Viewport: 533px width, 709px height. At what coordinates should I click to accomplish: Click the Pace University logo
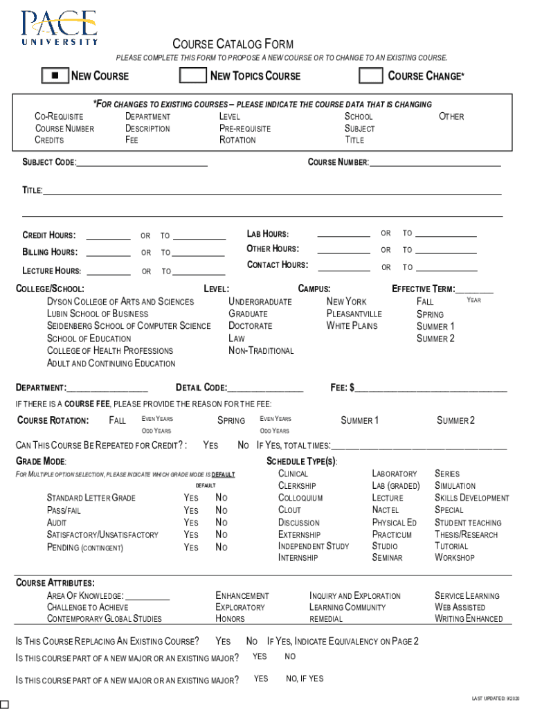[x=59, y=28]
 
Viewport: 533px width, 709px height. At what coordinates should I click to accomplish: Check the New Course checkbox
[x=55, y=75]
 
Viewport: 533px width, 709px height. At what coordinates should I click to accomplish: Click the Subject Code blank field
[x=142, y=163]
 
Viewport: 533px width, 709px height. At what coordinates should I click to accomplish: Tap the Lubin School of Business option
[x=97, y=314]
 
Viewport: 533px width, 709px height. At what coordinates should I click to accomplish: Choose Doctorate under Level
[x=250, y=326]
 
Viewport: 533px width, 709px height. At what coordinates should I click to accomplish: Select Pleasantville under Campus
[x=354, y=314]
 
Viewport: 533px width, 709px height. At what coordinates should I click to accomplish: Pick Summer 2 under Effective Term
[x=435, y=339]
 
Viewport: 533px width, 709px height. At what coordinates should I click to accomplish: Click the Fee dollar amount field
[x=431, y=387]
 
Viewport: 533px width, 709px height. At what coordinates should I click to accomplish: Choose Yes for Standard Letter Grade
[x=190, y=498]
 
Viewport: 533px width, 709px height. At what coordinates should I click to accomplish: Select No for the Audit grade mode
[x=222, y=523]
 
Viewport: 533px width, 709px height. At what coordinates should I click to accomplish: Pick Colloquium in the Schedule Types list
[x=300, y=498]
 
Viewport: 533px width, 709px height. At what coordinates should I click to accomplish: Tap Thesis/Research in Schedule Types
[x=466, y=535]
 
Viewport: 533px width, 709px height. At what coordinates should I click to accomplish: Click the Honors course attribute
[x=230, y=619]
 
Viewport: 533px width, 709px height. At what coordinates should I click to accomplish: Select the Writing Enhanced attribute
[x=469, y=619]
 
